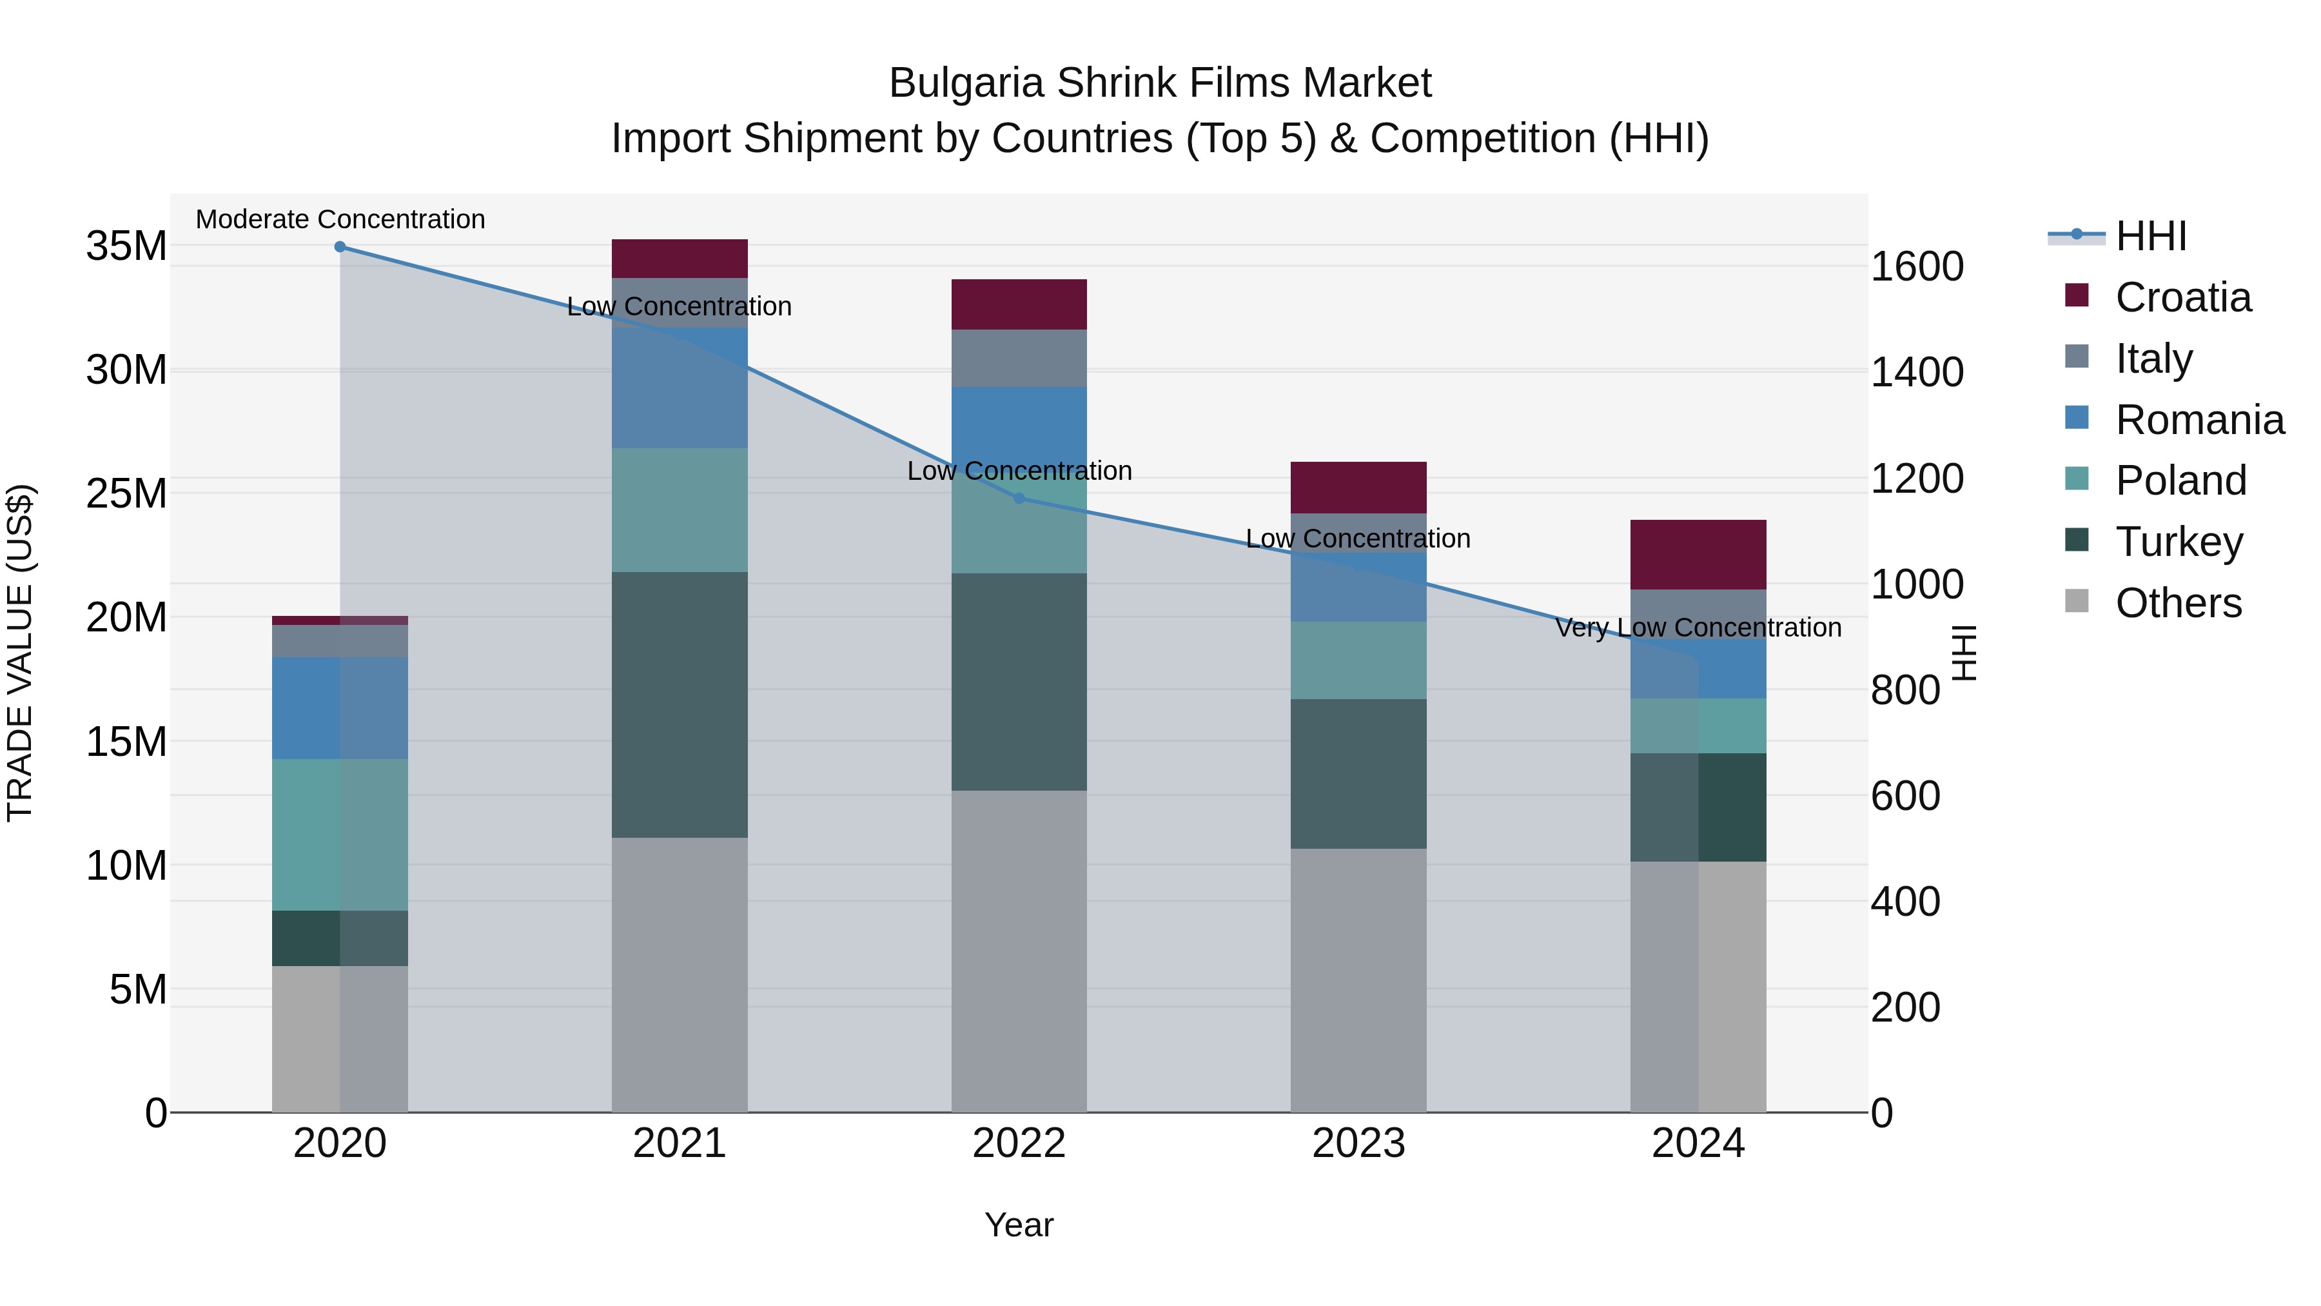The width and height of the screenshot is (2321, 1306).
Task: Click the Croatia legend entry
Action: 2181,297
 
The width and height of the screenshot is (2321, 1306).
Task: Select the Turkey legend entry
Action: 2178,542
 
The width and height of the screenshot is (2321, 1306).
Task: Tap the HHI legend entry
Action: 2150,236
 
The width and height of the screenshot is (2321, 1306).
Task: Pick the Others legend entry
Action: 2177,603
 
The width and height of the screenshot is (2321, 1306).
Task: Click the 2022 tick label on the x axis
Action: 1019,1143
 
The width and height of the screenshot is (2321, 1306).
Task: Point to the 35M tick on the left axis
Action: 126,246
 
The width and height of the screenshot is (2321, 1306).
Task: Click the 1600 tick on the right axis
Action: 1917,267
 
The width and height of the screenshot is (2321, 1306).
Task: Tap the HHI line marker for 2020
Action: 340,247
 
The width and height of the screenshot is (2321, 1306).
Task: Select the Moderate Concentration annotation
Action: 340,220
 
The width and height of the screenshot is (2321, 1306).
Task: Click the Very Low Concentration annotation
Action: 1698,628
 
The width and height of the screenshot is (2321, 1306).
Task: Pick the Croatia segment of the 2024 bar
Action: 1698,554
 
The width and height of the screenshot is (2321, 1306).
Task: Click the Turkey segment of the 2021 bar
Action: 680,705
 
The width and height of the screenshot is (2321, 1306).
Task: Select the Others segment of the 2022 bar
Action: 1019,951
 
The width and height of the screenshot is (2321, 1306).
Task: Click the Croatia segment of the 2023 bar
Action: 1358,488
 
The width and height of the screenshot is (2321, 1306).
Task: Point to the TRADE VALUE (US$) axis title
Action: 20,653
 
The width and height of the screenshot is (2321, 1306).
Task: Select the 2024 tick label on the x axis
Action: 1698,1143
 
